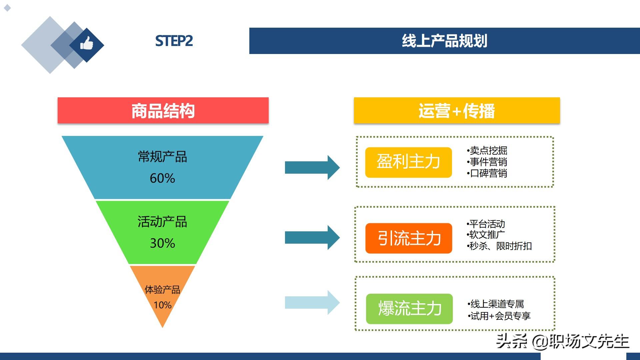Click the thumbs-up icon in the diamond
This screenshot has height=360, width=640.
[87, 43]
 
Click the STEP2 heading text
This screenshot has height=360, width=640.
[174, 41]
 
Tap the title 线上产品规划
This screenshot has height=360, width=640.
[444, 41]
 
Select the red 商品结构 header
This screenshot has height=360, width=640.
[163, 110]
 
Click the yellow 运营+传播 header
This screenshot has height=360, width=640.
[457, 110]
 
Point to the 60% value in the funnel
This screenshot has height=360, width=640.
[162, 178]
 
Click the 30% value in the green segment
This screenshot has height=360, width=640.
[162, 243]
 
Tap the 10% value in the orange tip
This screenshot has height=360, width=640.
[162, 305]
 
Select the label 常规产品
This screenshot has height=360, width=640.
[162, 157]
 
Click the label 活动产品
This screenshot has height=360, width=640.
[162, 222]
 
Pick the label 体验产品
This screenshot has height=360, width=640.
[162, 290]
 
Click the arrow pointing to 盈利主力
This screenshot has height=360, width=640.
[312, 167]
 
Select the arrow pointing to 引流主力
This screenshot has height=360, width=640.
[312, 238]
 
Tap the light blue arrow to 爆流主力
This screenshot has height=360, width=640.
[312, 303]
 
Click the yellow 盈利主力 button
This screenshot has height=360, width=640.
[409, 162]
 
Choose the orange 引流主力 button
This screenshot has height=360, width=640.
[409, 238]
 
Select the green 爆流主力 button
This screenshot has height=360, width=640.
[409, 309]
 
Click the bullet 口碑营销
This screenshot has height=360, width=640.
[487, 173]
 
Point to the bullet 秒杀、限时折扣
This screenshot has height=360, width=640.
[499, 246]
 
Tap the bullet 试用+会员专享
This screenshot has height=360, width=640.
[499, 316]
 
